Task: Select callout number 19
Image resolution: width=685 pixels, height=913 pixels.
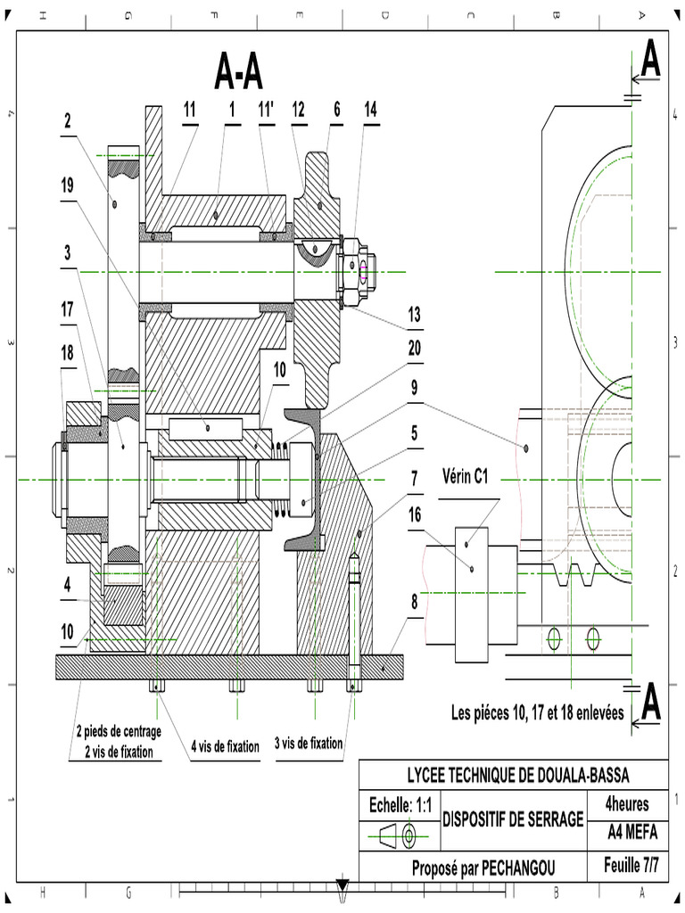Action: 67,185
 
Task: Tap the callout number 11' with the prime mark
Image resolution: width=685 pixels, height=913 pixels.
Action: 266,110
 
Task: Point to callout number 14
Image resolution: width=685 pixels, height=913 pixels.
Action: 370,110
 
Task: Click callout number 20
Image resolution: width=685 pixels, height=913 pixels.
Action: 414,350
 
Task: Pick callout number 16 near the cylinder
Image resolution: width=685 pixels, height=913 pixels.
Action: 415,514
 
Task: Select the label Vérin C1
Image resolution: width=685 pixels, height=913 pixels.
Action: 466,477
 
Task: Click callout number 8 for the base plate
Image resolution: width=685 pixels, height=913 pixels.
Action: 414,600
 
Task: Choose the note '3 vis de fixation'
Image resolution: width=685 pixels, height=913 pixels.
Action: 309,743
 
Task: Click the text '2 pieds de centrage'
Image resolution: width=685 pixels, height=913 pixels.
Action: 117,732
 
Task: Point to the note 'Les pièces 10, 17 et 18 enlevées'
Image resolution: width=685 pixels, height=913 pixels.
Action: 537,713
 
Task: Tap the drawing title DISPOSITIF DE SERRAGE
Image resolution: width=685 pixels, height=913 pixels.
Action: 513,818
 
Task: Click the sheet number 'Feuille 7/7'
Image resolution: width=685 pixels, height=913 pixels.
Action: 631,865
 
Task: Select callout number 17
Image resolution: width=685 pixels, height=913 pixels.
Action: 67,309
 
